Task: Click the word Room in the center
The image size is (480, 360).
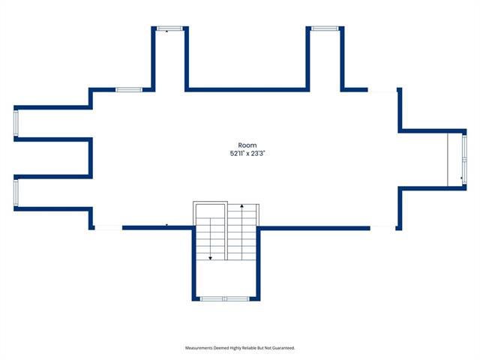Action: pos(247,145)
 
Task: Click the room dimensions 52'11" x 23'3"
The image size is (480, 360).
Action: pos(247,153)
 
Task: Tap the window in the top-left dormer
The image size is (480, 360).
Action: pos(169,28)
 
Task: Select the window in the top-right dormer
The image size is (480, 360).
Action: pos(325,28)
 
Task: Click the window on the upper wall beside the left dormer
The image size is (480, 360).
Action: pos(129,90)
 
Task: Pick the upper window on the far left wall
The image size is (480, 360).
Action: pos(16,123)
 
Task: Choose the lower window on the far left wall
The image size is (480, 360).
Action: pos(16,192)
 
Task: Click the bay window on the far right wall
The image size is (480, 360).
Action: pos(464,159)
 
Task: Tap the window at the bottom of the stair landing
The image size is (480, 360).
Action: pos(225,298)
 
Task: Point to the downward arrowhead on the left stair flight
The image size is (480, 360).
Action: pos(210,258)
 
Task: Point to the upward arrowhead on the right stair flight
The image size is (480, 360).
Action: pos(241,206)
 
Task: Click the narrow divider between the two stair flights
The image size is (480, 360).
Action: pos(226,231)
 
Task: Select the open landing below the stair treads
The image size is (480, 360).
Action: pos(226,278)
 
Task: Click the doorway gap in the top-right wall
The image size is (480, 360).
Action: pos(382,90)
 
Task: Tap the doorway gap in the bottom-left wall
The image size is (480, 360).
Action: pos(109,228)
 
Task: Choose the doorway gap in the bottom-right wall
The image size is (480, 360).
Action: pos(382,228)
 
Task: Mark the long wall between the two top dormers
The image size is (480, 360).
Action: pos(247,90)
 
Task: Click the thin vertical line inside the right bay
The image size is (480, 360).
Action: pos(448,159)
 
